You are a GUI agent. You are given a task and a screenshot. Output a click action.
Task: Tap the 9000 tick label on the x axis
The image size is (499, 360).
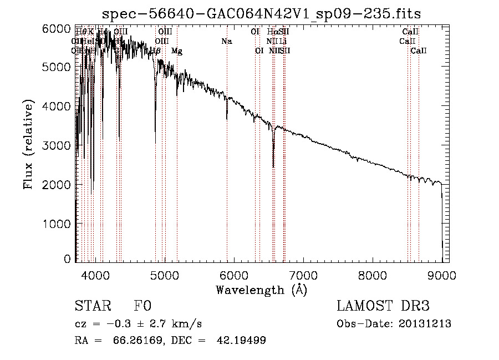click(442, 275)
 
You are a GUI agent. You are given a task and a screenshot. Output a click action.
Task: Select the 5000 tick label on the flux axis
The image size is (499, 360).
click(57, 67)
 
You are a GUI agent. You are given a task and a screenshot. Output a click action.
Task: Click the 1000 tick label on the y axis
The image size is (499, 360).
click(57, 224)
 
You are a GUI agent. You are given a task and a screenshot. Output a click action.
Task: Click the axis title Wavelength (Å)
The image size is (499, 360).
click(261, 290)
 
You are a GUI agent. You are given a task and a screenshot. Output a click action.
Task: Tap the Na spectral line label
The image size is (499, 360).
click(226, 41)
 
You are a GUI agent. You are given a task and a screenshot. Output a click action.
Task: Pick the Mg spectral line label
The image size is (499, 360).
click(176, 51)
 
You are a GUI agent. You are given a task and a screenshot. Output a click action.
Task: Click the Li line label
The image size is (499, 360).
click(283, 41)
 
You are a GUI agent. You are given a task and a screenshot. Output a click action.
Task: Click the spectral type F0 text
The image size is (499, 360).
click(142, 306)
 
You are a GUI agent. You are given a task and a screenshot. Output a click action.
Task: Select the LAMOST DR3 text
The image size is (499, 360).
click(383, 306)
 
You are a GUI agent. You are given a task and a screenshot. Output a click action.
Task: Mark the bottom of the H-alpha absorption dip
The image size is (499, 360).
click(273, 166)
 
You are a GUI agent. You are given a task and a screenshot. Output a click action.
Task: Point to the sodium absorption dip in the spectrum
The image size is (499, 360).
click(227, 118)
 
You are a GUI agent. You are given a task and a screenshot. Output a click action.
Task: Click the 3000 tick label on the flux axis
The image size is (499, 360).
click(57, 145)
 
